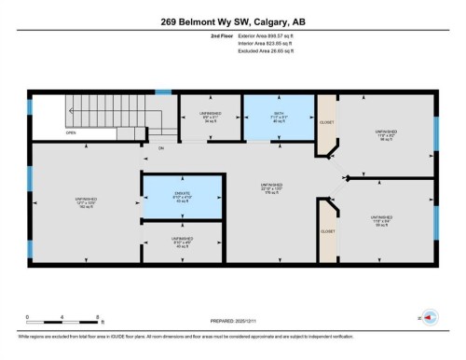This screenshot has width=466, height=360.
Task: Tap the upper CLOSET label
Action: (x=327, y=121)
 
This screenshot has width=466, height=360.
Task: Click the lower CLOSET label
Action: (x=327, y=230)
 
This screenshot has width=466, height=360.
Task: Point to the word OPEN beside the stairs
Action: (x=71, y=132)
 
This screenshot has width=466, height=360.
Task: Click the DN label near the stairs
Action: (x=160, y=148)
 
